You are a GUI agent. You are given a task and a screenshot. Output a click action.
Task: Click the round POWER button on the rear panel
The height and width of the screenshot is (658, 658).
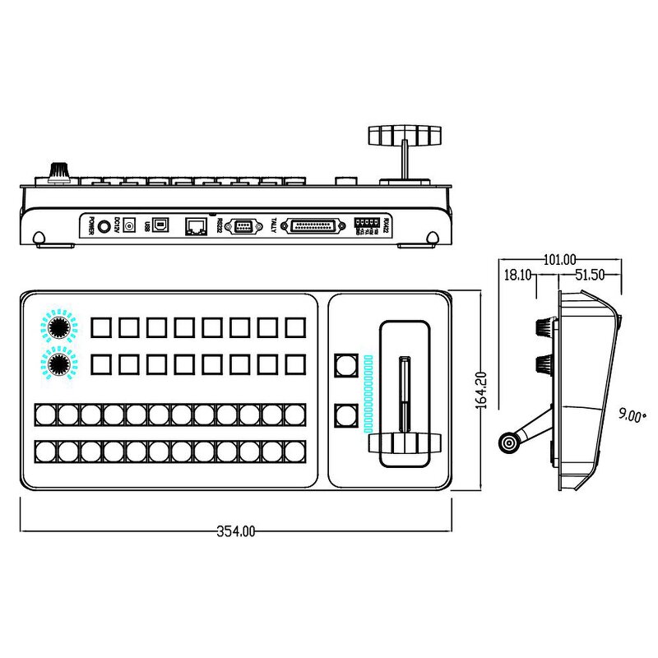click(x=104, y=225)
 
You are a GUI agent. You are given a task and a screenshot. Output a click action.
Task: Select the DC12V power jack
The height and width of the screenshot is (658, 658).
click(x=129, y=226)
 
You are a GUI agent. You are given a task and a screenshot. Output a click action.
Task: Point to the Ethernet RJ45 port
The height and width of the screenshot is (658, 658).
click(x=197, y=225)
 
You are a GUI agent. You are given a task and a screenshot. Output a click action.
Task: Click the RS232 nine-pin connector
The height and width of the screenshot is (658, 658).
click(x=244, y=225)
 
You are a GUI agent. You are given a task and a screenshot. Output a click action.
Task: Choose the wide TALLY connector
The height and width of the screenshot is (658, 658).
click(x=313, y=225)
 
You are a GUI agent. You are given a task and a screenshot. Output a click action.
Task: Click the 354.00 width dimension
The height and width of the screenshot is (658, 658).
click(x=236, y=531)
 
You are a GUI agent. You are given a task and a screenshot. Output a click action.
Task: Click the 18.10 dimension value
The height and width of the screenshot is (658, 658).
click(x=519, y=276)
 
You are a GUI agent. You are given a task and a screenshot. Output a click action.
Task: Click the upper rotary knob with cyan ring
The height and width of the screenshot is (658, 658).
click(x=58, y=327)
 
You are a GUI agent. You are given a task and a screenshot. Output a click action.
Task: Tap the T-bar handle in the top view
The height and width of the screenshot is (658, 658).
click(x=403, y=443)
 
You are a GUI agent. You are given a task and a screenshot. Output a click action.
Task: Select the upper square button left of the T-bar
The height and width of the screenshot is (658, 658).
click(x=345, y=364)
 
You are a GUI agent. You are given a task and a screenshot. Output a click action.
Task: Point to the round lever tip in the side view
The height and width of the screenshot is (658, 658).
click(x=510, y=444)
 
